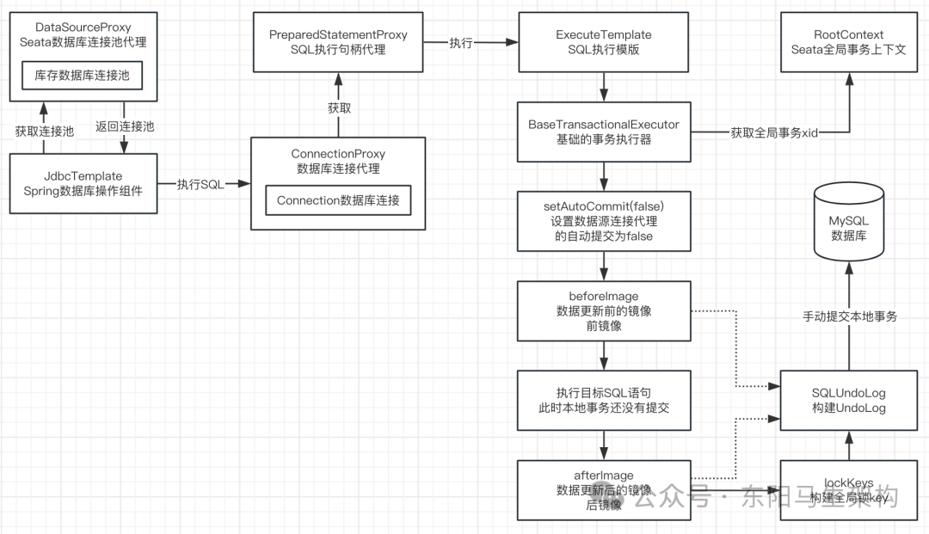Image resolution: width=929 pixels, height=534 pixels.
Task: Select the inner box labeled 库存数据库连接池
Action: tap(82, 75)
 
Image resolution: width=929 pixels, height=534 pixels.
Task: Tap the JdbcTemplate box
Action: tap(82, 184)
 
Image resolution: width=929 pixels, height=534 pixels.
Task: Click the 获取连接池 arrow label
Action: tap(44, 131)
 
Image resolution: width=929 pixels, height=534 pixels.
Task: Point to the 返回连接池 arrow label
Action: tap(125, 126)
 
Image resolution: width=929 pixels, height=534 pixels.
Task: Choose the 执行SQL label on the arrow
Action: tap(200, 184)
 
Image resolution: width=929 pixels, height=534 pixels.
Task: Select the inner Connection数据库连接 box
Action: tap(338, 200)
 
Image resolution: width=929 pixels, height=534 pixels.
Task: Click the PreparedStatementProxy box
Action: tap(338, 42)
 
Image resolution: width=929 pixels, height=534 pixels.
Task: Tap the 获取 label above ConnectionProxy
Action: tap(339, 108)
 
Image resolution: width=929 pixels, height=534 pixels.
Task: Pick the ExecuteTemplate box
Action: tap(603, 42)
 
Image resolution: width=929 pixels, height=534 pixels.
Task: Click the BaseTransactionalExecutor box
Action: tap(603, 132)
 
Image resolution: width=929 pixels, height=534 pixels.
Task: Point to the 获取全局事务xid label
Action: tap(773, 132)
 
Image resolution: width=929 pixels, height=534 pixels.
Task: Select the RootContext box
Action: tap(848, 42)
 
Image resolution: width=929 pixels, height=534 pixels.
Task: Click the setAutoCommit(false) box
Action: tap(603, 221)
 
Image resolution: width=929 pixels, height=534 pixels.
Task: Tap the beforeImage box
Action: tap(603, 310)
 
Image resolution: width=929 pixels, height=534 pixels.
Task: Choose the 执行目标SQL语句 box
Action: tap(603, 400)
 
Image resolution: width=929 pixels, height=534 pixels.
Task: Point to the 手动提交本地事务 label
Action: tap(848, 316)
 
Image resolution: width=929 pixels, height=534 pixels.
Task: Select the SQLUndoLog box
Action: tap(848, 400)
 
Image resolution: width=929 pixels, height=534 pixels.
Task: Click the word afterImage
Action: tap(603, 476)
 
